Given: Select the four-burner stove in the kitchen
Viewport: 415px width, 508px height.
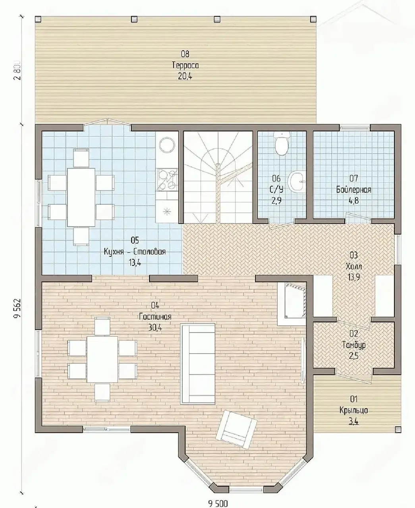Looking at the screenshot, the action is click(x=167, y=179).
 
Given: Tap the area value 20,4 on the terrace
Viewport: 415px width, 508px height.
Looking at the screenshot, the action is click(x=185, y=76).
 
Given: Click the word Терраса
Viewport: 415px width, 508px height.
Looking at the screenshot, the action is click(x=185, y=65).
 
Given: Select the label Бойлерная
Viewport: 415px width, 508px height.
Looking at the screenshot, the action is click(x=353, y=190).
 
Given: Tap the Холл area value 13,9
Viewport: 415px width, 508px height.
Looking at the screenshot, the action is click(x=353, y=277).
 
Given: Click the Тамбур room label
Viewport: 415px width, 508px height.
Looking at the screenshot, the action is click(x=354, y=345).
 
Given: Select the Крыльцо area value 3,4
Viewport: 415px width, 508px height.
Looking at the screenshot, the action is click(x=353, y=421).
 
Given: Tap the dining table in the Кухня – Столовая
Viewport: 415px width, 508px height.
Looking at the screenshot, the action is click(x=81, y=197).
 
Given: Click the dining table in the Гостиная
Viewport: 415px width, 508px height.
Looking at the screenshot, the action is click(x=102, y=359).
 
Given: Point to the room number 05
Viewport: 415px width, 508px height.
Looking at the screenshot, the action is click(x=135, y=240).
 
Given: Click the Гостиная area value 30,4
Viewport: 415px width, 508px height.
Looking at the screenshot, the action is click(x=155, y=327).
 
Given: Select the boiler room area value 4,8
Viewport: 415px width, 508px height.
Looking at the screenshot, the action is click(x=353, y=200).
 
